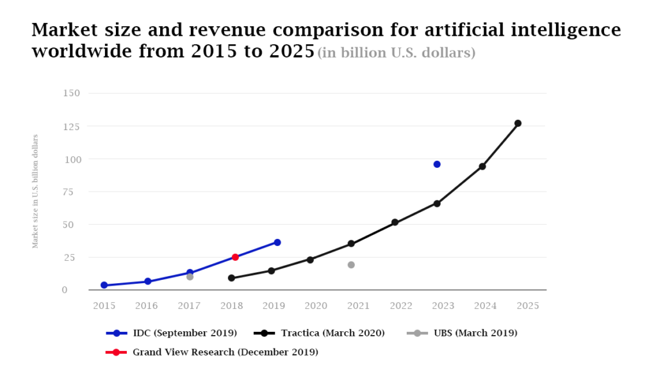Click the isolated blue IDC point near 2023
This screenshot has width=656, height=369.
pyautogui.click(x=437, y=164)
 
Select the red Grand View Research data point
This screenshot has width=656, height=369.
pyautogui.click(x=235, y=257)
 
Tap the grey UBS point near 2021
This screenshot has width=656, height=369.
pyautogui.click(x=351, y=265)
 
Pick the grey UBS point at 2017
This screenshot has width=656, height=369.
pyautogui.click(x=190, y=277)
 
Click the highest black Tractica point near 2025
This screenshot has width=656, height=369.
pyautogui.click(x=518, y=123)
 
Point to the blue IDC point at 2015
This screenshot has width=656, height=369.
pyautogui.click(x=104, y=285)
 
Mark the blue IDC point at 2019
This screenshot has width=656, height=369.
pyautogui.click(x=277, y=242)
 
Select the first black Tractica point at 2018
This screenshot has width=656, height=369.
pyautogui.click(x=231, y=278)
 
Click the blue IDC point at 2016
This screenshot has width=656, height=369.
pyautogui.click(x=147, y=281)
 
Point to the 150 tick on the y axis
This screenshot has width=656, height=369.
pyautogui.click(x=72, y=93)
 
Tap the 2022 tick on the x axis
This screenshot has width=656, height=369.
pyautogui.click(x=401, y=306)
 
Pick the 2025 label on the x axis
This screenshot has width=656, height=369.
pyautogui.click(x=528, y=306)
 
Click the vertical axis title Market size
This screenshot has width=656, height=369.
pyautogui.click(x=35, y=191)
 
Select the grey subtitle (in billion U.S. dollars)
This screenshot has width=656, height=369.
pyautogui.click(x=397, y=53)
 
